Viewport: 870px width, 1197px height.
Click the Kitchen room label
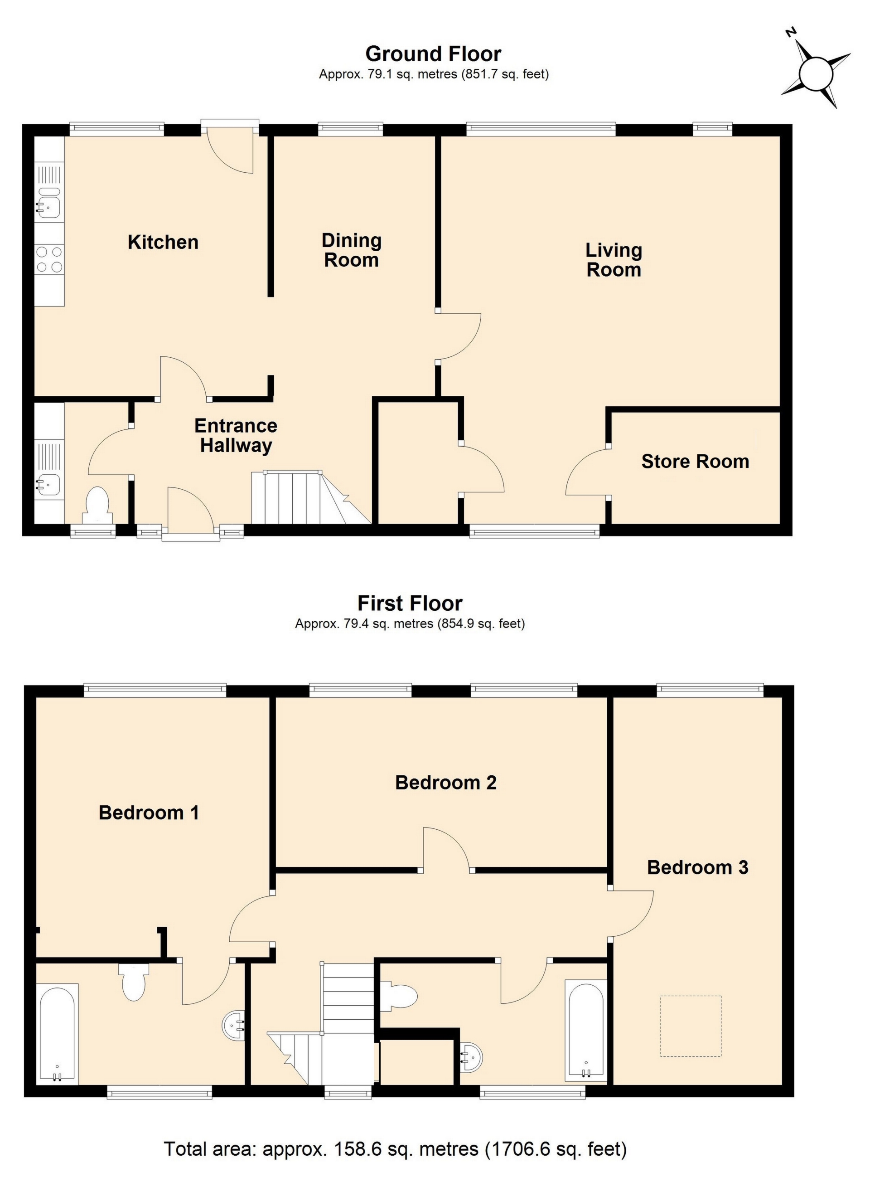(163, 242)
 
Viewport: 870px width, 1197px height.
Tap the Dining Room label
(351, 250)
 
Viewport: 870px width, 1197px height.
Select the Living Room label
(614, 260)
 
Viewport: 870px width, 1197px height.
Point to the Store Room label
(695, 461)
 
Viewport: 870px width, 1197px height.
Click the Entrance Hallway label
(236, 435)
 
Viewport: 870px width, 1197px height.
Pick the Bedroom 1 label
(149, 813)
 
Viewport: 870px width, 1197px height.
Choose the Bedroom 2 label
(446, 783)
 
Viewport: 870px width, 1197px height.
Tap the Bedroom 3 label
(697, 868)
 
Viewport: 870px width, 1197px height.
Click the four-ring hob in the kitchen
(49, 260)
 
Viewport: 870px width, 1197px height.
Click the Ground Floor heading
(433, 54)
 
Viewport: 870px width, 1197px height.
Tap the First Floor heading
(410, 603)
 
